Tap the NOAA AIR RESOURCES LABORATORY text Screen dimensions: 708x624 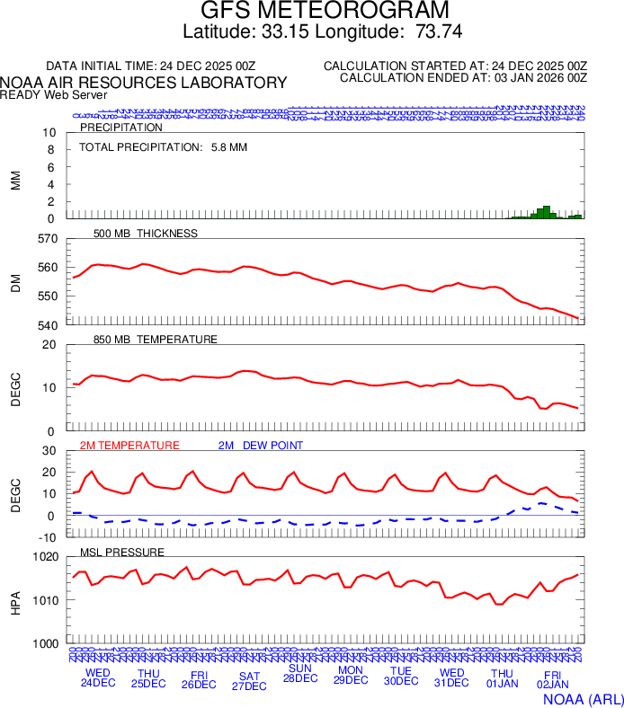click(144, 83)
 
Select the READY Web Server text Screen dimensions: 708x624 click(53, 95)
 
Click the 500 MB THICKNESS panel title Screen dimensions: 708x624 click(146, 234)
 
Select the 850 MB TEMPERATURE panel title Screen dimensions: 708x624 click(156, 340)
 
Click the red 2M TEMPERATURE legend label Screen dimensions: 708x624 click(129, 446)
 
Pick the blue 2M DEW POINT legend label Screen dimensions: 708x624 click(261, 446)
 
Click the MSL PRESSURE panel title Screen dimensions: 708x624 click(122, 552)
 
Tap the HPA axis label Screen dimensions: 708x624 click(15, 600)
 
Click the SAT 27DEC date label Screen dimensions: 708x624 click(249, 680)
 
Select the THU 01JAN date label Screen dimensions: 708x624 click(502, 678)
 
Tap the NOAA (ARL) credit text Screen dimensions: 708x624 click(581, 697)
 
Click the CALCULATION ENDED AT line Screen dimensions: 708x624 click(463, 78)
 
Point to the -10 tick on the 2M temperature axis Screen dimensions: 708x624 click(48, 537)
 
